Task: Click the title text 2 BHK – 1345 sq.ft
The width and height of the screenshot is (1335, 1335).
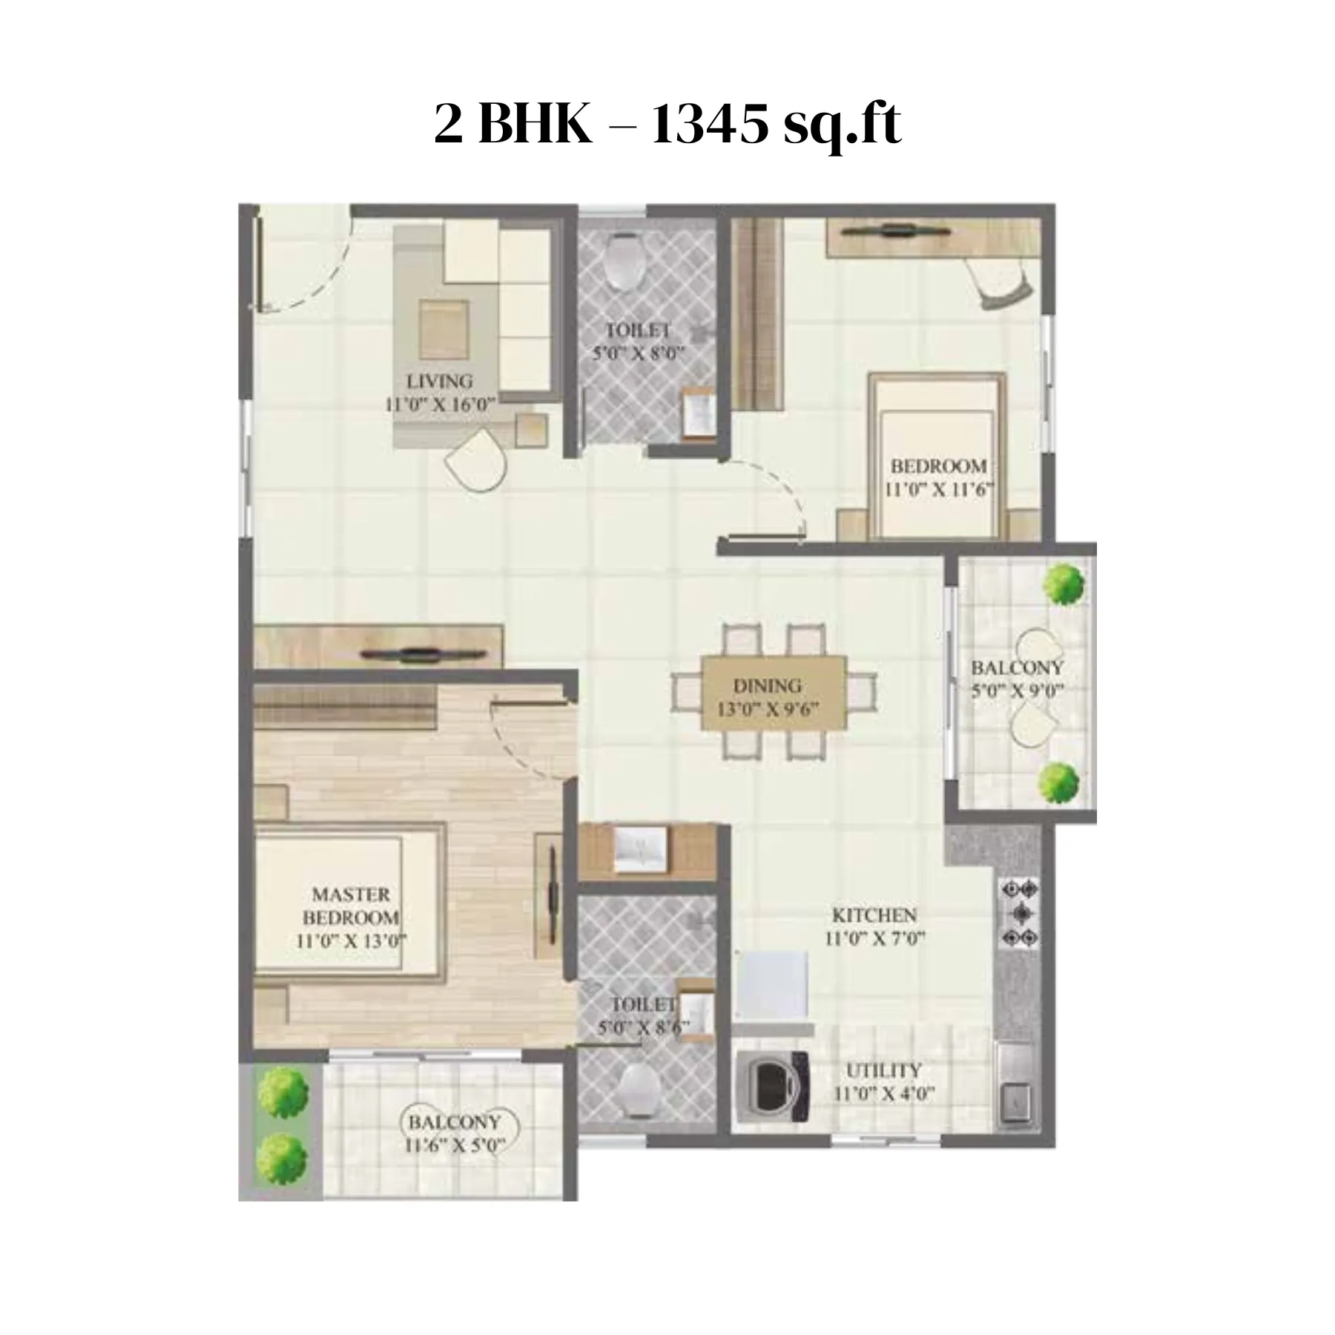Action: pos(667,125)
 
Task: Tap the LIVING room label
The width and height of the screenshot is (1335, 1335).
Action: pos(439,381)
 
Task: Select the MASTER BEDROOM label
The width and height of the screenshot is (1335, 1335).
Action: pos(351,906)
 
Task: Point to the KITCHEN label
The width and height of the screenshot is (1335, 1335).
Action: pos(874,914)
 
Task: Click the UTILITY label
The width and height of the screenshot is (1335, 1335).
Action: pos(883,1070)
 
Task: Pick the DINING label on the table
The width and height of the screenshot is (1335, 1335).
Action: pos(768,685)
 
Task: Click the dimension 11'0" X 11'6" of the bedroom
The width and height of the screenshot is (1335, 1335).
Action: pos(939,489)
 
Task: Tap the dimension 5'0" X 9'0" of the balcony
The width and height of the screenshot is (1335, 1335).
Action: pos(1018,690)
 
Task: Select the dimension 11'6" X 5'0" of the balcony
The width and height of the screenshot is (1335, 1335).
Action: pos(455,1145)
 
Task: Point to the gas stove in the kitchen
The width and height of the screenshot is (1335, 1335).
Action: pos(1021,913)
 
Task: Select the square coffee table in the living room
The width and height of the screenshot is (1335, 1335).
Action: pos(444,329)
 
